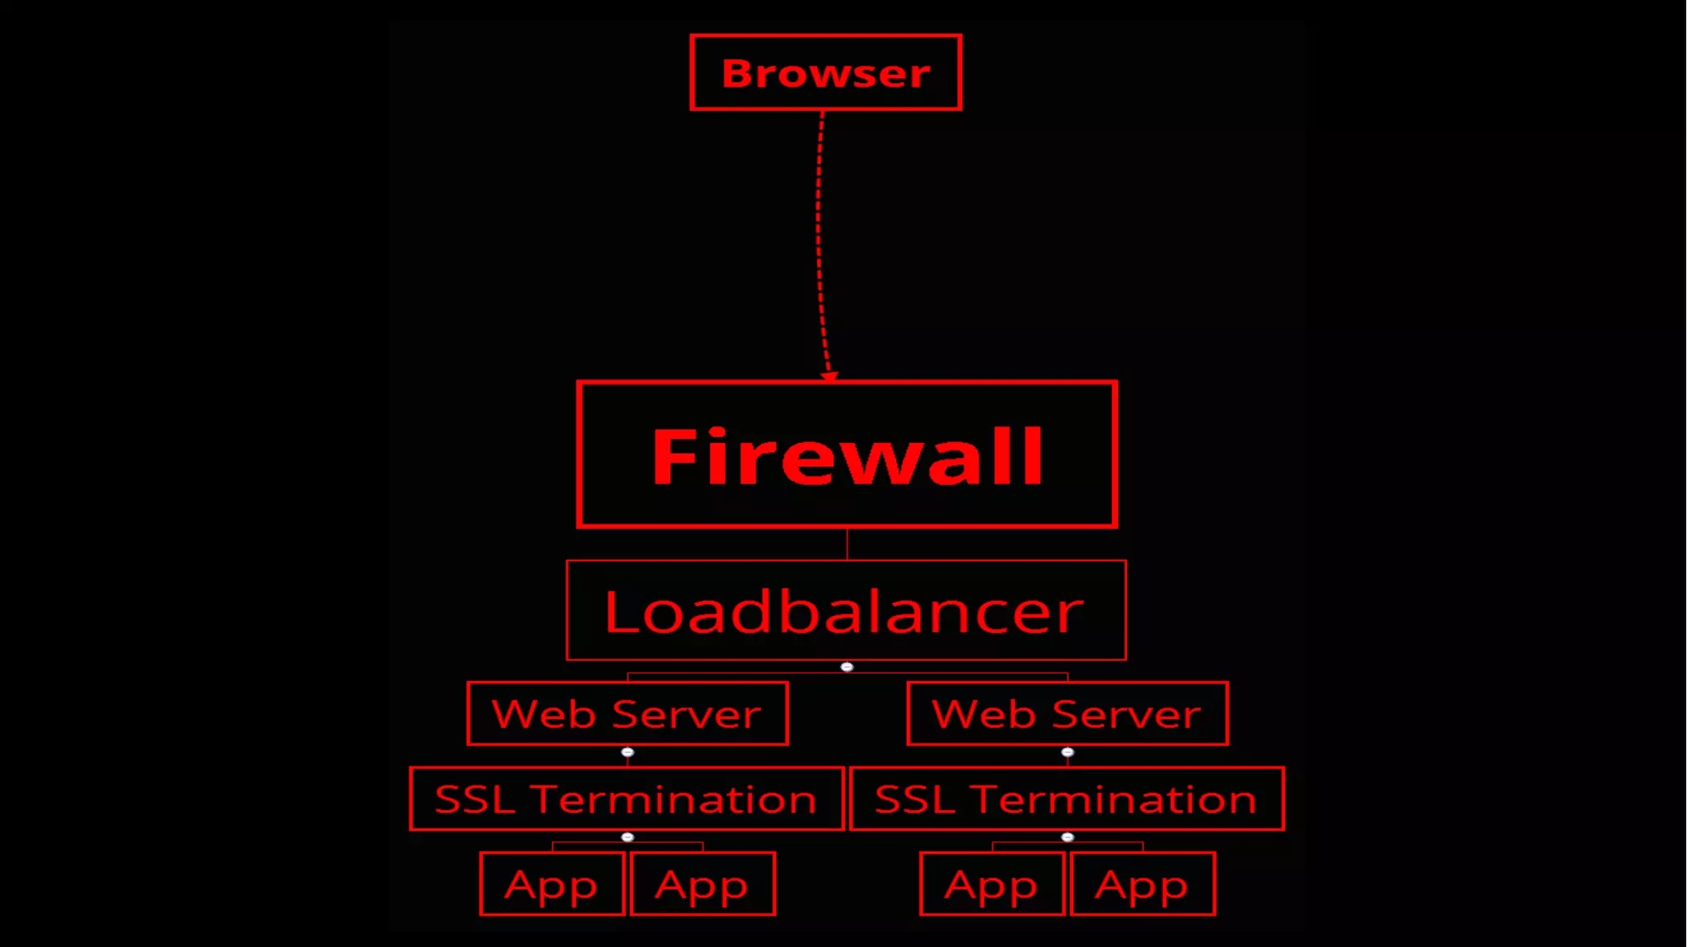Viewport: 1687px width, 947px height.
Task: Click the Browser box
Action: [x=825, y=72]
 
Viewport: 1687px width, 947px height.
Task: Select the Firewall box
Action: [x=847, y=455]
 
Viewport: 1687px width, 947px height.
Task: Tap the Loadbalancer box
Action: [x=846, y=610]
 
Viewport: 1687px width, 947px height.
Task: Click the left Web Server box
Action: [x=627, y=713]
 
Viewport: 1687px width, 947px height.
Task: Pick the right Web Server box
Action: [x=1067, y=713]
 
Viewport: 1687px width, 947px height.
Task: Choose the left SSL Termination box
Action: [x=626, y=799]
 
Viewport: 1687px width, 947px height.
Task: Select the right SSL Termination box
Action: [x=1066, y=799]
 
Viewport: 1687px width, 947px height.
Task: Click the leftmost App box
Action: [x=552, y=884]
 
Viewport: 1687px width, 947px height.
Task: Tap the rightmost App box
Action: [x=1142, y=884]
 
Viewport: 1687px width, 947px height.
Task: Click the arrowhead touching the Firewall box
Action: [x=829, y=376]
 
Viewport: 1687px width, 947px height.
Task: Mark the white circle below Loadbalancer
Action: [x=847, y=667]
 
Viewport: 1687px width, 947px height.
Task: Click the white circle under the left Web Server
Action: [x=628, y=752]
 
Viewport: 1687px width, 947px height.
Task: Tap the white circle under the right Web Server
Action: [x=1068, y=752]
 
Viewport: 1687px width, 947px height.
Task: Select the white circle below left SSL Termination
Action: [x=628, y=837]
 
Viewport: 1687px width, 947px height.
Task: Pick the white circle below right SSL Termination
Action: [x=1068, y=837]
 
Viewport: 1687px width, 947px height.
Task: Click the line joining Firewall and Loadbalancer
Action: [x=847, y=543]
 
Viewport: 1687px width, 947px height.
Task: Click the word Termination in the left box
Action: [x=673, y=800]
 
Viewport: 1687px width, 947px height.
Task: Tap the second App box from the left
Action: [x=703, y=884]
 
